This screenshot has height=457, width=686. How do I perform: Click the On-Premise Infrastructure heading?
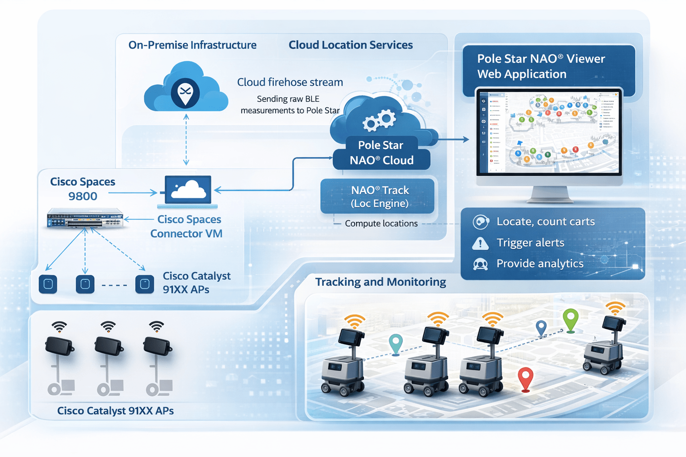coord(192,45)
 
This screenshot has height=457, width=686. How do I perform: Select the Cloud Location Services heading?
coord(351,45)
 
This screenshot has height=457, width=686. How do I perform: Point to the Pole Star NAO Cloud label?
coord(381,153)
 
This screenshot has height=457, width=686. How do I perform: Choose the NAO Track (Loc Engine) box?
coord(378,196)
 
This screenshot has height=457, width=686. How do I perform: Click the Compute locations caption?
coord(381,224)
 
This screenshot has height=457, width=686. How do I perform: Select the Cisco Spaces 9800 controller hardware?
coord(85,219)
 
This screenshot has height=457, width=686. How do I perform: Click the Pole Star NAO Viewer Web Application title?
coord(541,66)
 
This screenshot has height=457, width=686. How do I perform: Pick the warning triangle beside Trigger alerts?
coord(480,243)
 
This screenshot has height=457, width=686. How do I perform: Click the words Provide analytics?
coord(540,264)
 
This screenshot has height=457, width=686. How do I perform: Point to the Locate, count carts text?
coord(545,222)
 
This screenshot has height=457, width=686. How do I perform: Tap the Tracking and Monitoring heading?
coord(381,282)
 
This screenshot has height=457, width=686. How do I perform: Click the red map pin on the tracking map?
coord(526,379)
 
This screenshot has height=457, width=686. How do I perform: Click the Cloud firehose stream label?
coord(290,82)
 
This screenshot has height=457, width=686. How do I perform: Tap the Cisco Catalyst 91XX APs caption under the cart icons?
coord(115,411)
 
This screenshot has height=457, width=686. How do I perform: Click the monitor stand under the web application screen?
coord(550,195)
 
